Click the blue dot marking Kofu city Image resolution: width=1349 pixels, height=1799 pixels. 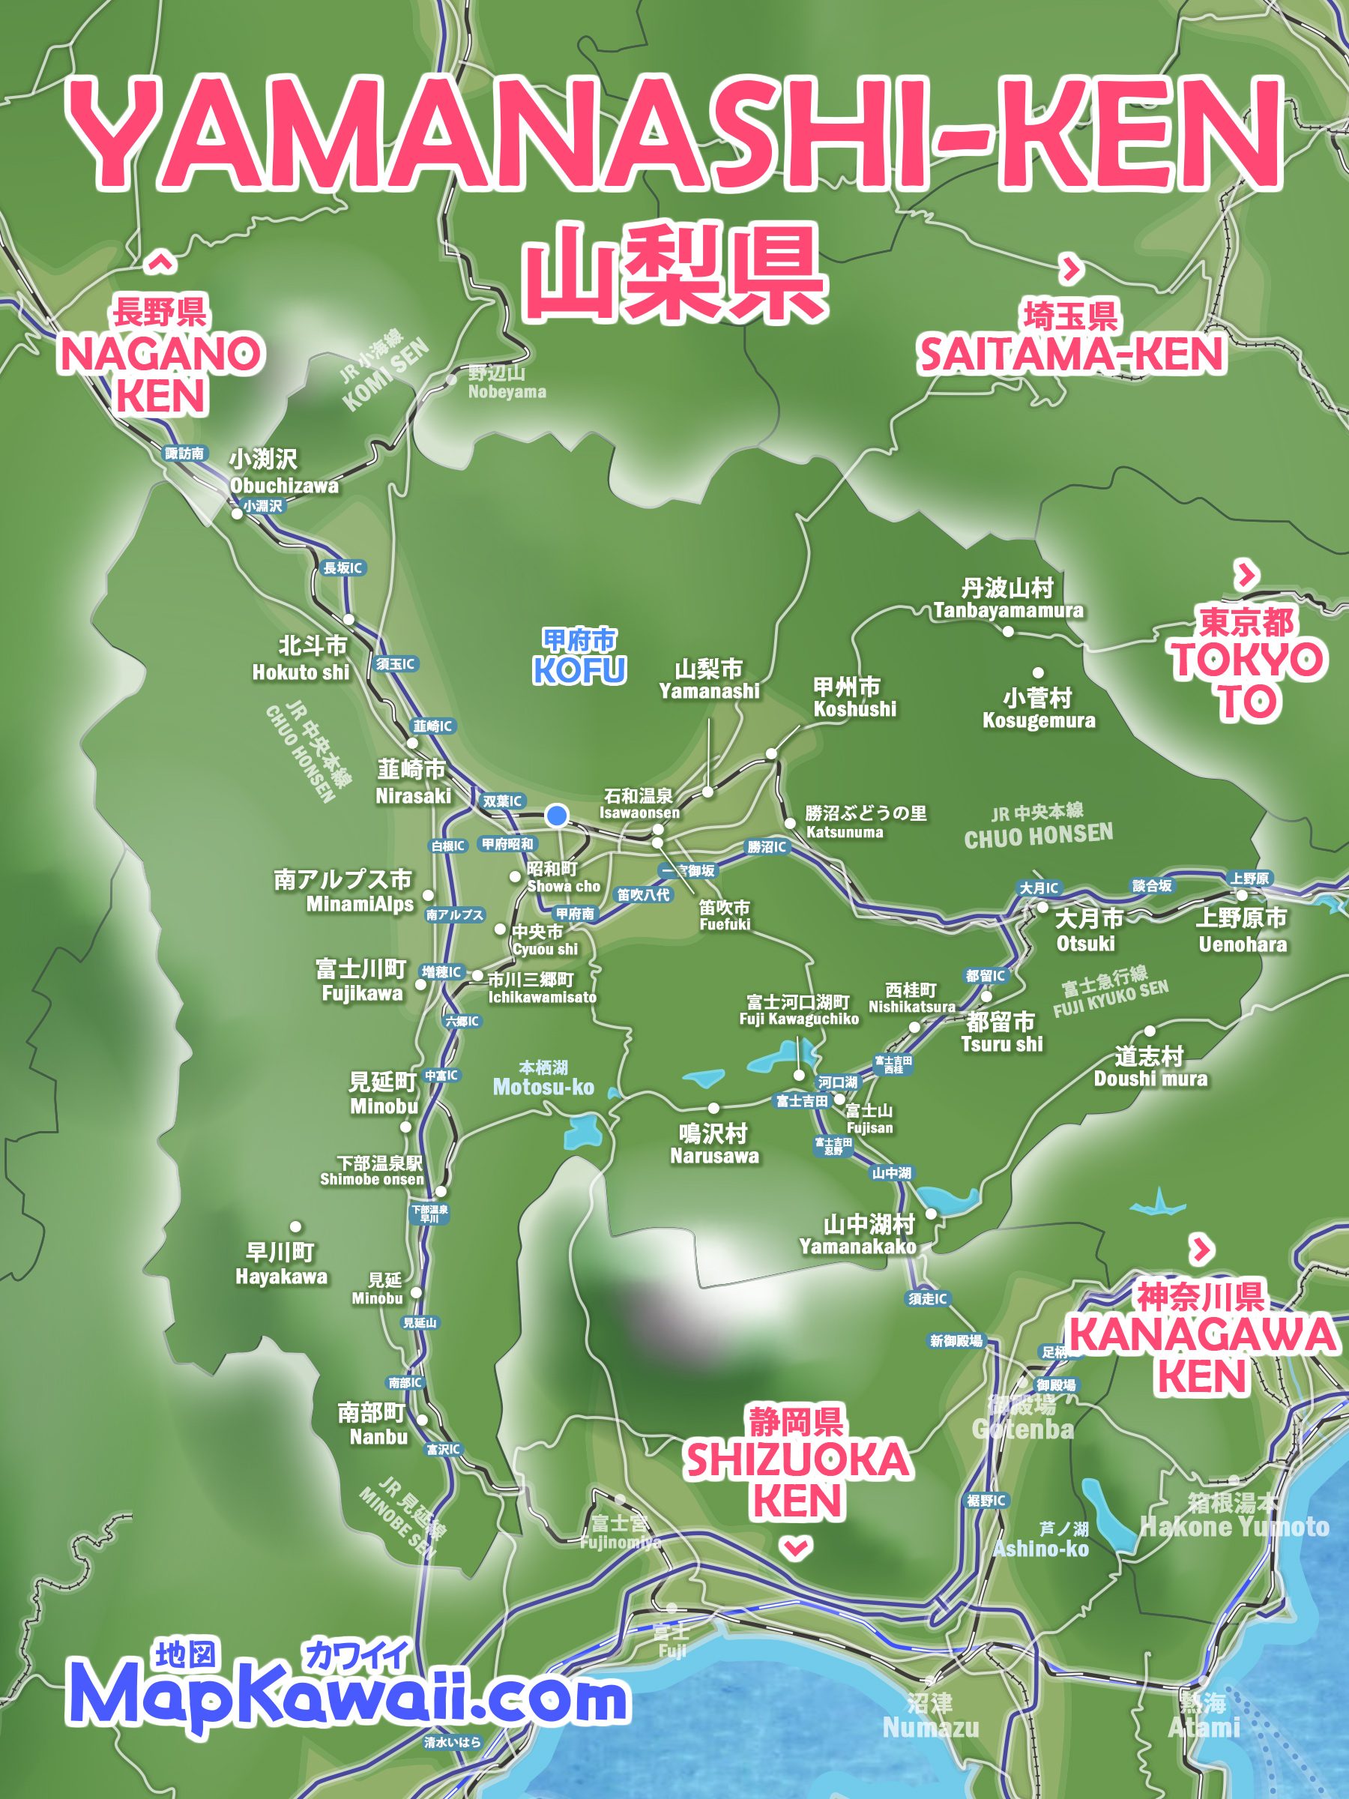557,815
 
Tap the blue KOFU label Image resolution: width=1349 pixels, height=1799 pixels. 579,669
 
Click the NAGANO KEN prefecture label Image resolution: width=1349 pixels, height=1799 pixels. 161,374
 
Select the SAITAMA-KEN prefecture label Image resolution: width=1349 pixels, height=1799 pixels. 1070,354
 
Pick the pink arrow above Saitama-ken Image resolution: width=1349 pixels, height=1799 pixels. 1072,268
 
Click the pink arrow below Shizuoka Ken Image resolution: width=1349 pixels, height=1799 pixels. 795,1547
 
